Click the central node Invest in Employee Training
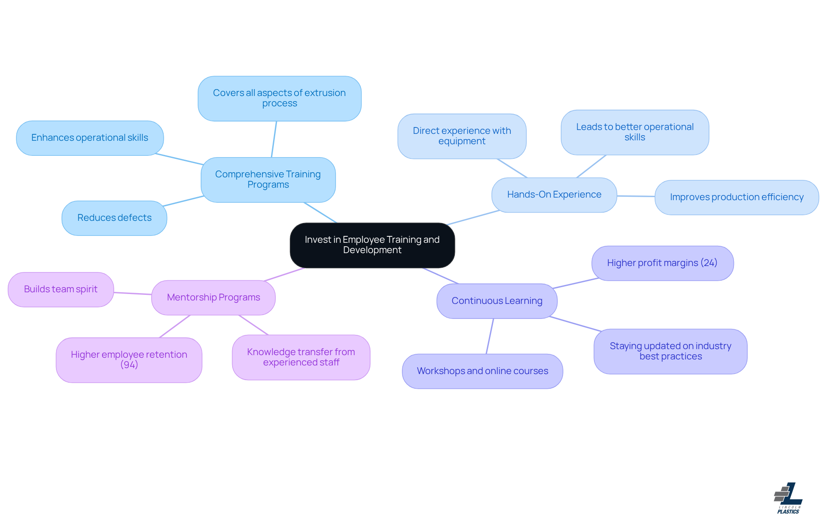tap(372, 245)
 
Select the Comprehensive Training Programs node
tap(268, 179)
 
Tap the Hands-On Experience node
tap(554, 195)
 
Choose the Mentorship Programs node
tap(213, 297)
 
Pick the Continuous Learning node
tap(497, 301)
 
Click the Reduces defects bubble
tap(114, 218)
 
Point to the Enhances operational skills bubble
tap(90, 138)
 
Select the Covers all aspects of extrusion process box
tap(279, 98)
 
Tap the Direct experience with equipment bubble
tap(462, 136)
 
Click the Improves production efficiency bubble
tap(737, 197)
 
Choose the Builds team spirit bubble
tap(61, 289)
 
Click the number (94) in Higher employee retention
tap(129, 365)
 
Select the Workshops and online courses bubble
tap(482, 371)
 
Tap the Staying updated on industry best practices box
tap(670, 351)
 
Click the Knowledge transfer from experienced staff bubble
tap(301, 357)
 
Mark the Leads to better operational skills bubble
tap(634, 132)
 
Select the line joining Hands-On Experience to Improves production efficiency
tap(636, 196)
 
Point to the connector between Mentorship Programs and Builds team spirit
tap(133, 294)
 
